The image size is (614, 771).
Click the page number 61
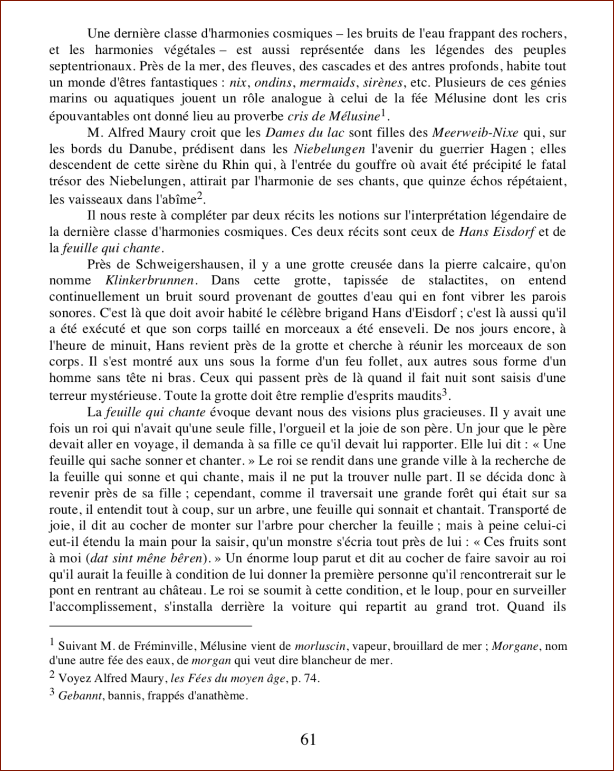308,739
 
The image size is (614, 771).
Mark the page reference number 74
311,679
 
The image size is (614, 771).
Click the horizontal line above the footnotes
150,626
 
